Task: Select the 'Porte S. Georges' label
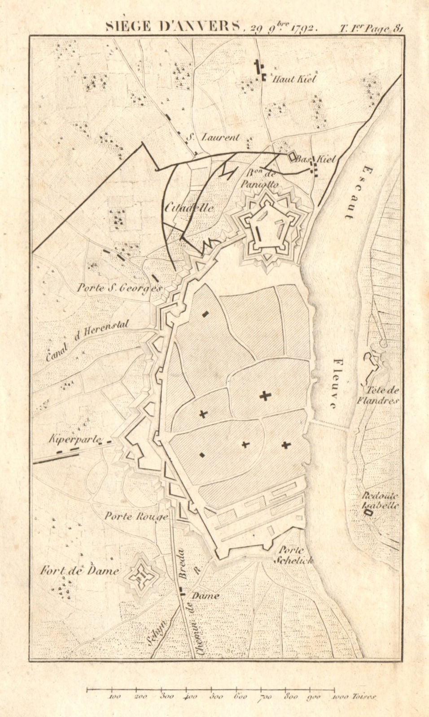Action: coord(118,288)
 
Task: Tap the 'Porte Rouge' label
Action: coord(136,516)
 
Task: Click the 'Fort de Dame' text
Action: coord(80,571)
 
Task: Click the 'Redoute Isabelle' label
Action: coord(381,500)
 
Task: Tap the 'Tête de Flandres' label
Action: coord(381,395)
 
